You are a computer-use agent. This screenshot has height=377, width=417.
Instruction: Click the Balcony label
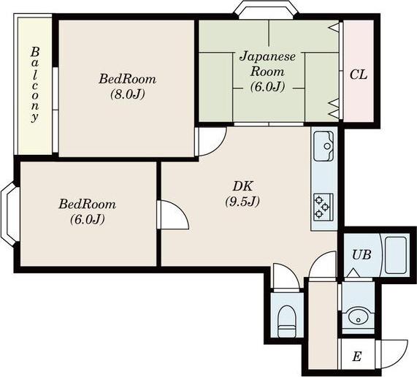35,85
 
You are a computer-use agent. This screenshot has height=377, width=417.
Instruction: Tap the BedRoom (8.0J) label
128,86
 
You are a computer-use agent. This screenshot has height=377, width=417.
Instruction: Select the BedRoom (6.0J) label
88,211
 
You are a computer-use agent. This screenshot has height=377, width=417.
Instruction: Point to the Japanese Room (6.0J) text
268,72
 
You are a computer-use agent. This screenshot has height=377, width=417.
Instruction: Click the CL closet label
359,75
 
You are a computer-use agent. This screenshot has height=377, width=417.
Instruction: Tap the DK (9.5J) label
242,194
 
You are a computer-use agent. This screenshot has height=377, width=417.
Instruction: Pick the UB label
361,255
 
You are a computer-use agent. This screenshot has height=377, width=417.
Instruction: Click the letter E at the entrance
357,357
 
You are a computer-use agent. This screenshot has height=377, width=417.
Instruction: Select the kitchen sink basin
324,146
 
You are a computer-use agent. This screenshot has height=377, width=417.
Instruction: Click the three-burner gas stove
324,207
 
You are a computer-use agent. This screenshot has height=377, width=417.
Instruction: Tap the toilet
287,321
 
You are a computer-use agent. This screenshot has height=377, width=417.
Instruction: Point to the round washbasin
358,316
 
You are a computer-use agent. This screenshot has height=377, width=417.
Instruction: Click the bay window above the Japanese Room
267,9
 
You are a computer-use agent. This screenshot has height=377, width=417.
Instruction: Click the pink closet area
359,72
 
